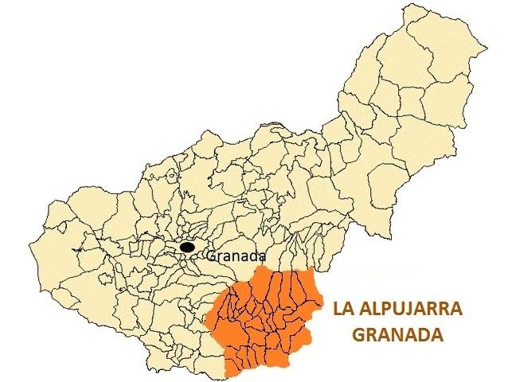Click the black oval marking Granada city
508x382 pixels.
point(186,248)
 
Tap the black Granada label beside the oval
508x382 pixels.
point(234,256)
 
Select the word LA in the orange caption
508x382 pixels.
point(342,308)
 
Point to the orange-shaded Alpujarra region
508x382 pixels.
point(263,318)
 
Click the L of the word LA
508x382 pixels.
point(337,308)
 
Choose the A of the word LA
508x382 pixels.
point(348,308)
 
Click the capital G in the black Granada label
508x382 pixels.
point(210,256)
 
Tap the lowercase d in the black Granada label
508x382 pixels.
point(250,256)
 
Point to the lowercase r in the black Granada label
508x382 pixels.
point(220,257)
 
